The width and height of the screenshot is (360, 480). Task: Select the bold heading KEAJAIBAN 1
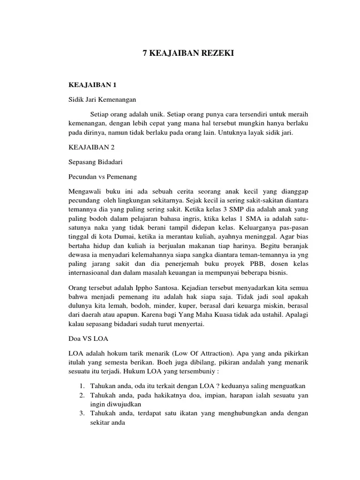click(92, 85)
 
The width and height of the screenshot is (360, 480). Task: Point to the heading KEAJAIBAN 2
click(92, 147)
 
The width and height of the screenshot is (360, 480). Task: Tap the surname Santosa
click(168, 287)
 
